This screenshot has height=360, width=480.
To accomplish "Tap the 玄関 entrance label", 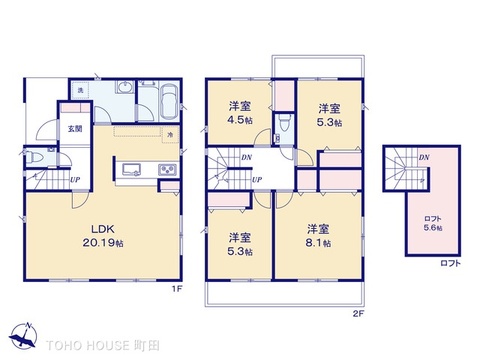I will coord(75,129).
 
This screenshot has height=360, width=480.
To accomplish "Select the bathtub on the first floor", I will coord(167,101).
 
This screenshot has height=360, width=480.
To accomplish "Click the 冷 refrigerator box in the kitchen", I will coord(171,134).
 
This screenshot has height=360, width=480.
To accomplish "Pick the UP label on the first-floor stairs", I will coord(75,180).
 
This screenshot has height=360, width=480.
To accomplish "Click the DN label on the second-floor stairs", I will coord(246,158).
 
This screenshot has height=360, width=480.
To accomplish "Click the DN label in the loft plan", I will coord(424,157).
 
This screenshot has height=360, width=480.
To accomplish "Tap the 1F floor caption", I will coord(177,290).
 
